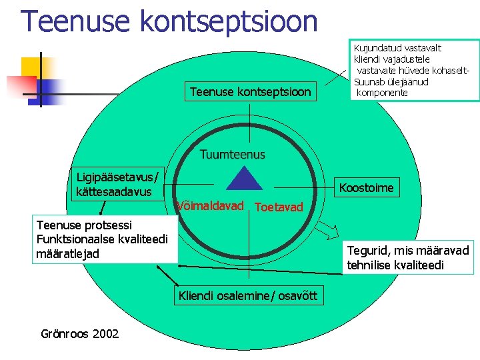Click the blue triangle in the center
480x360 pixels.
246,179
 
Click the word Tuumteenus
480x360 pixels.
232,155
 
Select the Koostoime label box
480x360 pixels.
366,188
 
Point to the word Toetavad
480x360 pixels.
279,207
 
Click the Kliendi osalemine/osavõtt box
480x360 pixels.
247,295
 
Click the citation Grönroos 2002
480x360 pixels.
80,333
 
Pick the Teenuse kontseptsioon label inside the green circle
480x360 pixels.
250,92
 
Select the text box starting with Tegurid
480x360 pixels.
407,257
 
